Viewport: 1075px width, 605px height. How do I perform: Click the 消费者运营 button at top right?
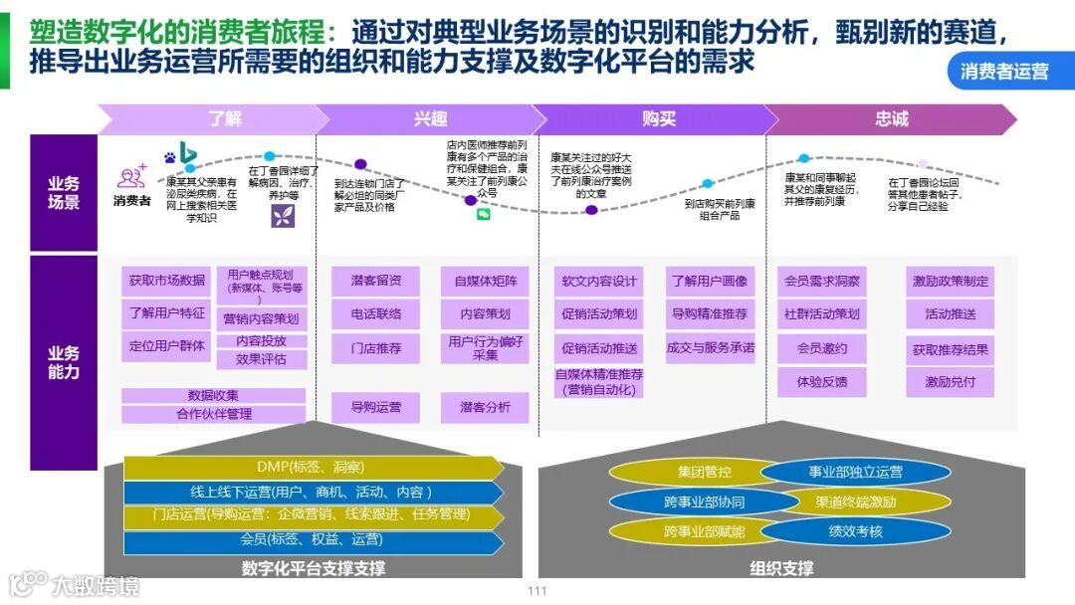click(x=1004, y=71)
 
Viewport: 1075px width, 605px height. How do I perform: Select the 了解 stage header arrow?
click(x=225, y=119)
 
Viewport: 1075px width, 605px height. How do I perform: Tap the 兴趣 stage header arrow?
click(x=431, y=119)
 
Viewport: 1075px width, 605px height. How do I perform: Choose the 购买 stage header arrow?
click(x=658, y=119)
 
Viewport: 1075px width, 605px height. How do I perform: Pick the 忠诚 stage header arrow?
click(x=891, y=119)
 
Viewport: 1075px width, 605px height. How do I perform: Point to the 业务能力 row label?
click(x=64, y=362)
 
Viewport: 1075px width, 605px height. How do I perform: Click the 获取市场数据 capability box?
click(x=167, y=282)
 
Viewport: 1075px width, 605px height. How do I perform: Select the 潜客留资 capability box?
click(x=375, y=282)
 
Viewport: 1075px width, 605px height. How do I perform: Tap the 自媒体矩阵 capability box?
click(x=486, y=282)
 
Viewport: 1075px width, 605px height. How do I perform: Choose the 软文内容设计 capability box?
click(x=598, y=282)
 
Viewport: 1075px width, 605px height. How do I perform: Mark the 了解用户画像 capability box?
click(x=709, y=282)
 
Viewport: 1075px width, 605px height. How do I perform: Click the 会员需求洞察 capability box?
click(x=822, y=282)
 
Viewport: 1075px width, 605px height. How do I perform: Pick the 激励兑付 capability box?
click(x=950, y=382)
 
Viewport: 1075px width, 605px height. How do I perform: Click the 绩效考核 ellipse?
click(x=855, y=531)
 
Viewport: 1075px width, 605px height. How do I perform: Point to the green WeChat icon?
click(x=484, y=214)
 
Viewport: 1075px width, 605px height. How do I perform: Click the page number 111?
click(x=537, y=591)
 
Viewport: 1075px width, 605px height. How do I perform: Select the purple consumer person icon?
click(x=130, y=178)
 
